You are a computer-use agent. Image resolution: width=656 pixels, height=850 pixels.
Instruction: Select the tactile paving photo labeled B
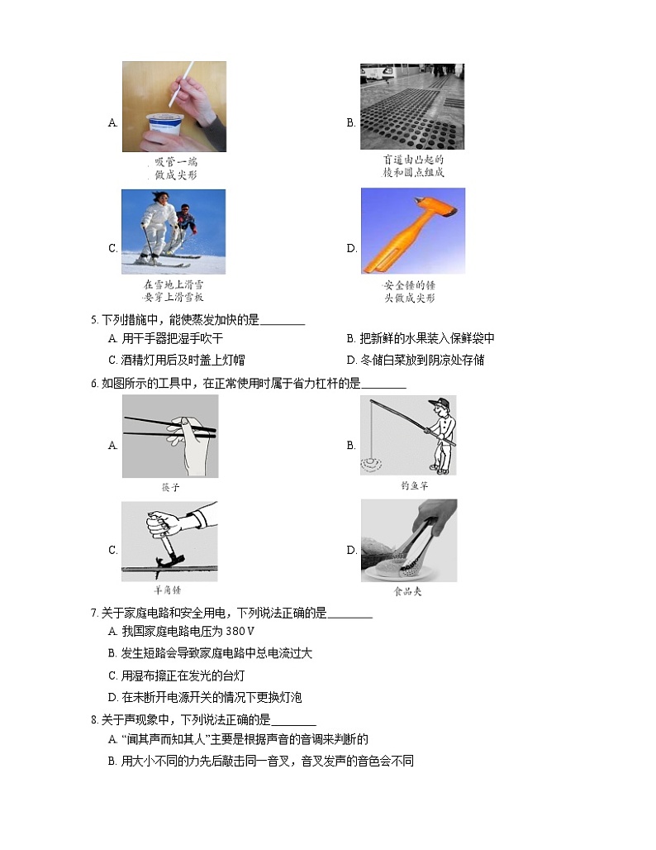pyautogui.click(x=411, y=107)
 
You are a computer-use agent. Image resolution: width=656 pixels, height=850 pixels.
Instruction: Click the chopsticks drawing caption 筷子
pyautogui.click(x=170, y=488)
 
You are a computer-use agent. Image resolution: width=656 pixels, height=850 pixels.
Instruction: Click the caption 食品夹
pyautogui.click(x=408, y=592)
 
